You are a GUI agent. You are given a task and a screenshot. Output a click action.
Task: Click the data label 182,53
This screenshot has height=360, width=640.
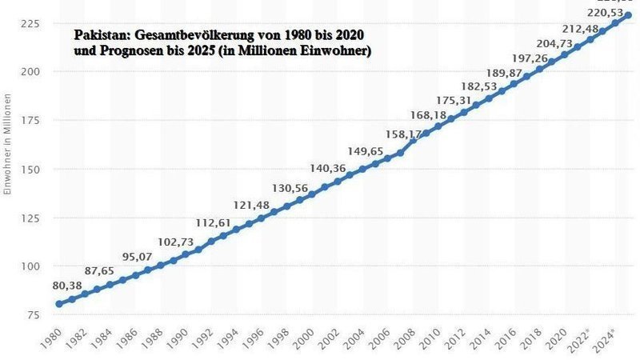pos(482,86)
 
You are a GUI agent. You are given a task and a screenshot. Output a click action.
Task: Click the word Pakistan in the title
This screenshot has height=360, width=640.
pos(100,36)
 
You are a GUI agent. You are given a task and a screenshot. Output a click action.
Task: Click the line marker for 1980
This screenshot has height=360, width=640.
pos(58,304)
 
